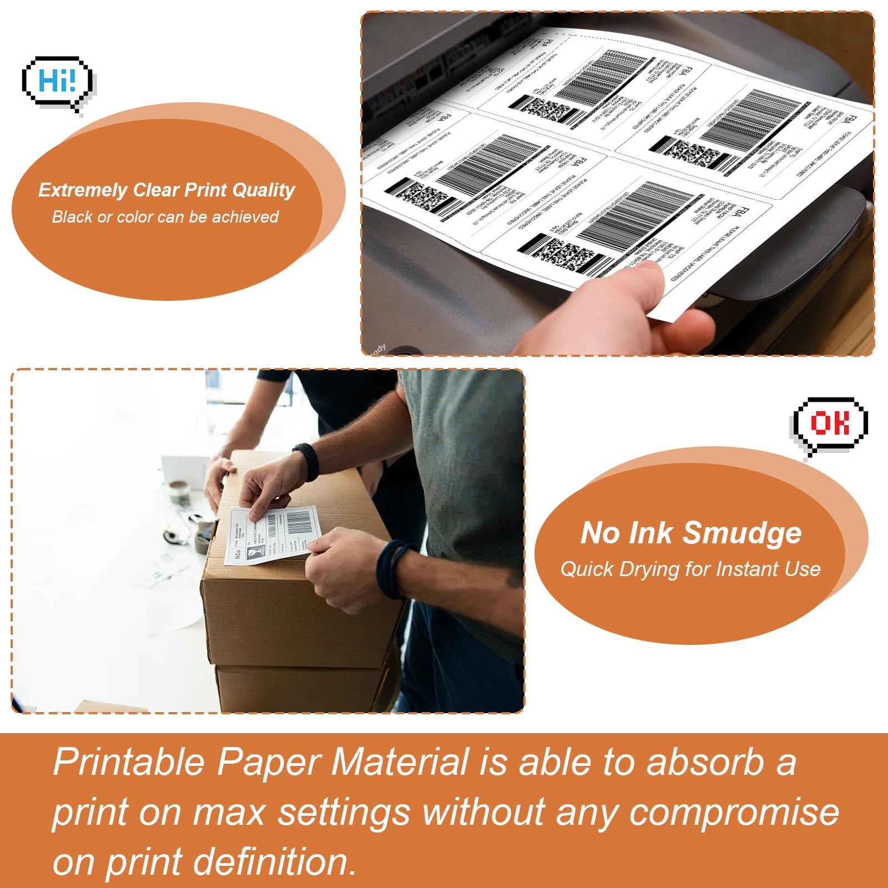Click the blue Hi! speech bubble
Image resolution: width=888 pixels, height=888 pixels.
(x=57, y=82)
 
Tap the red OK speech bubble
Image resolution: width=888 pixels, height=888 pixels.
(x=829, y=424)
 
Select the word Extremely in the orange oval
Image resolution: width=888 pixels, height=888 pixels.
(x=82, y=190)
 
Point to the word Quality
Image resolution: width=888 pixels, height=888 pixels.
(x=264, y=190)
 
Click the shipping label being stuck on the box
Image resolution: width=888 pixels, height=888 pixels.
(x=272, y=536)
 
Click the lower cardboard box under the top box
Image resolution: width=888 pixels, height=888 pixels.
(x=300, y=688)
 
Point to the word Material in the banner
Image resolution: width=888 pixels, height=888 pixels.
(x=400, y=762)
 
